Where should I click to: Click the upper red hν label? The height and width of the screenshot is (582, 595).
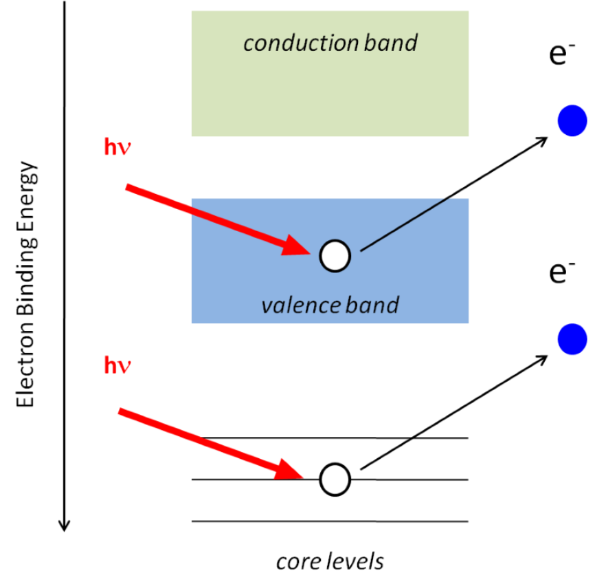pyautogui.click(x=117, y=147)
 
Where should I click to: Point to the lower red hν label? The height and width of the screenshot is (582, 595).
pyautogui.click(x=117, y=365)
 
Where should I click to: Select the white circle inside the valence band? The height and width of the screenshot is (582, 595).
pyautogui.click(x=335, y=256)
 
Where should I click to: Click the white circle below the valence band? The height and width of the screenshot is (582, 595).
pyautogui.click(x=335, y=479)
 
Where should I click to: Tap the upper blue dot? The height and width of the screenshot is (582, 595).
pyautogui.click(x=572, y=121)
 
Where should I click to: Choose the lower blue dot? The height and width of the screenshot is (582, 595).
pyautogui.click(x=572, y=339)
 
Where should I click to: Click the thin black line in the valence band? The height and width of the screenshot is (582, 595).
pyautogui.click(x=405, y=224)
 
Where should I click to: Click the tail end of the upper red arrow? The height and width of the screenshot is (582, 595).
pyautogui.click(x=127, y=187)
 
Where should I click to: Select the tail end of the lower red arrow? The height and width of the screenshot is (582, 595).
pyautogui.click(x=120, y=411)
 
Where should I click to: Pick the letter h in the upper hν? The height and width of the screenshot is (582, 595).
pyautogui.click(x=110, y=147)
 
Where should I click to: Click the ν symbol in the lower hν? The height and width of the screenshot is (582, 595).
pyautogui.click(x=124, y=367)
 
